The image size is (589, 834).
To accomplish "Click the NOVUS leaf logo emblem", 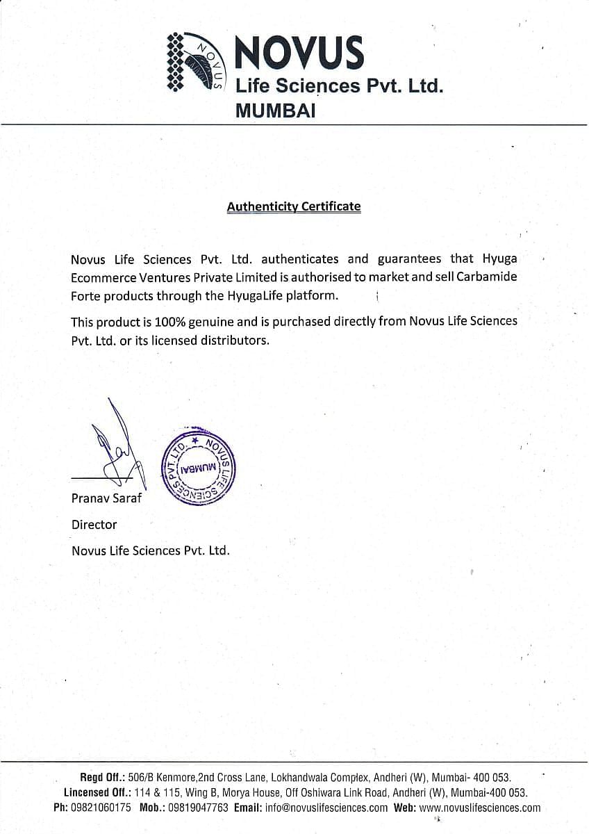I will pyautogui.click(x=195, y=63).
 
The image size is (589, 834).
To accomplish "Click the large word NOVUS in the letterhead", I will pyautogui.click(x=299, y=54).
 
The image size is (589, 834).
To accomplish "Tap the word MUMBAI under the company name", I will pyautogui.click(x=276, y=110).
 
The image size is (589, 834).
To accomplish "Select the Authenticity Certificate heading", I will pyautogui.click(x=294, y=206).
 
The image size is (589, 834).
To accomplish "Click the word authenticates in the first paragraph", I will pyautogui.click(x=300, y=259).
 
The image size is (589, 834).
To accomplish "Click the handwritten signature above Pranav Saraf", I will pyautogui.click(x=115, y=445).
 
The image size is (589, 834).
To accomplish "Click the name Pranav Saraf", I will pyautogui.click(x=106, y=498).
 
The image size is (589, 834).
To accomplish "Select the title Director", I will pyautogui.click(x=94, y=524).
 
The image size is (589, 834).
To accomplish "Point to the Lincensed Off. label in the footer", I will pyautogui.click(x=94, y=792).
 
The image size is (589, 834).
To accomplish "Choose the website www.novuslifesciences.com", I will pyautogui.click(x=480, y=808).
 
